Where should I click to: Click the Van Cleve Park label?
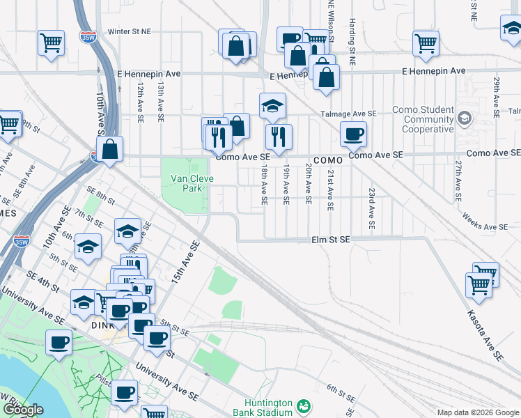click(x=187, y=183)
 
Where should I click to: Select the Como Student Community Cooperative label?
click(x=423, y=119)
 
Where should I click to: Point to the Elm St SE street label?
click(x=330, y=240)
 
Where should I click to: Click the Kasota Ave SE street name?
click(x=485, y=335)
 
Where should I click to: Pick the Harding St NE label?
click(x=353, y=42)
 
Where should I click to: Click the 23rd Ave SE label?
click(x=372, y=208)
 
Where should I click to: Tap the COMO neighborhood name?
click(x=328, y=160)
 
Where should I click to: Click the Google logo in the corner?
click(x=23, y=410)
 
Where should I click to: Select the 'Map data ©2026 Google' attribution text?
click(x=478, y=412)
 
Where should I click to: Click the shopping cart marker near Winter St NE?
click(x=52, y=43)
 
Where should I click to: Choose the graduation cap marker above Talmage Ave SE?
click(x=273, y=106)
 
